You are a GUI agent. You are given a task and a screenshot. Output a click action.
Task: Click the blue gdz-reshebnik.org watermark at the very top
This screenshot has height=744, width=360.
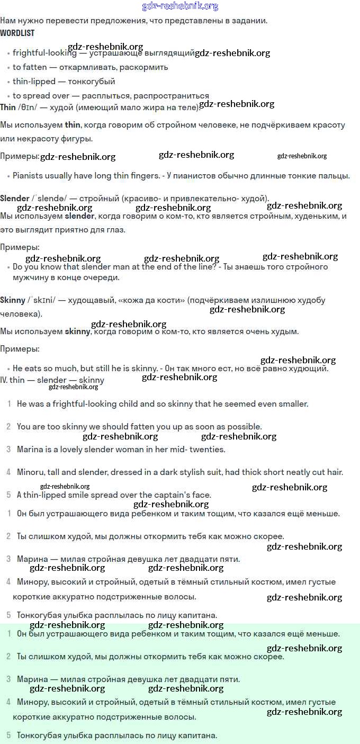point(180,6)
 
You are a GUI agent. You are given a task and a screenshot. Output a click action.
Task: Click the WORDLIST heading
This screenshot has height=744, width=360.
point(17,33)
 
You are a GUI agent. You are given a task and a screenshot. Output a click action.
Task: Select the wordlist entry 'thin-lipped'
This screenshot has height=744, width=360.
point(34,82)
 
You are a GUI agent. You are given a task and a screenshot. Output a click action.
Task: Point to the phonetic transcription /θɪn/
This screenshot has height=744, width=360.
point(28,107)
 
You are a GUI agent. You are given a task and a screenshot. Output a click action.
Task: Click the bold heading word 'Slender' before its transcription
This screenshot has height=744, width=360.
point(15,199)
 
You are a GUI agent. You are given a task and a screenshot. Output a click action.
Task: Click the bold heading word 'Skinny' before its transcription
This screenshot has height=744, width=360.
point(13,300)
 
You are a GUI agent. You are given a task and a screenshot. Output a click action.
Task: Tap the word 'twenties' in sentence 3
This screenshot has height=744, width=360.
point(208,450)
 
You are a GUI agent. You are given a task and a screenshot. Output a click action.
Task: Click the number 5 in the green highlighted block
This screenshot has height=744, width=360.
point(8,736)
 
